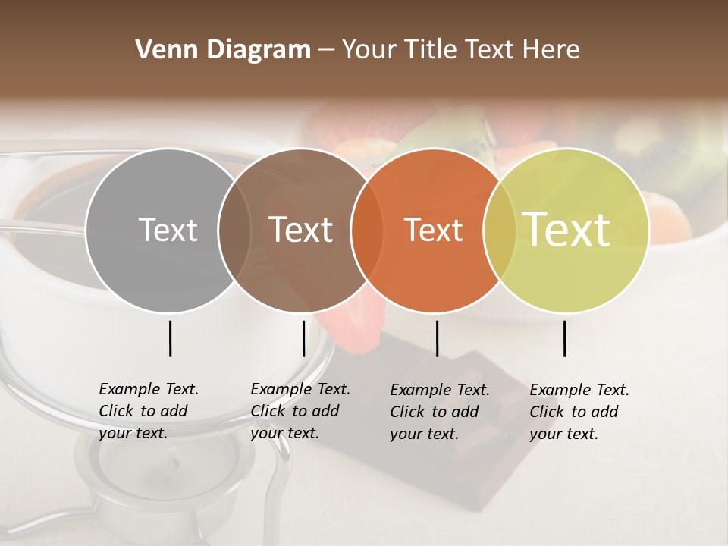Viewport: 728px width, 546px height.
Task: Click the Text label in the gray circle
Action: click(168, 230)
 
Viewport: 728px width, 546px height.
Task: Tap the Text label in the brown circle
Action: click(301, 230)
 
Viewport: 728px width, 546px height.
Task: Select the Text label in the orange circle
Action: click(434, 230)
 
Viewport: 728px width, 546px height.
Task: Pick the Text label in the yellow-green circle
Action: click(566, 230)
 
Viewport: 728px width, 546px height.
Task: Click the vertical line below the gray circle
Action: click(170, 338)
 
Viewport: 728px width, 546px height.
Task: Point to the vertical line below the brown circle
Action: click(303, 338)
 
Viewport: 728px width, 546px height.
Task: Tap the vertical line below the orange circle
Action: click(437, 338)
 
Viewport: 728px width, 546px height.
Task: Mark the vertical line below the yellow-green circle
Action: click(564, 338)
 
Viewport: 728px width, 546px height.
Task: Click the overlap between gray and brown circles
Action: click(234, 230)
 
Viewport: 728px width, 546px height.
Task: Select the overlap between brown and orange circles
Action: click(367, 230)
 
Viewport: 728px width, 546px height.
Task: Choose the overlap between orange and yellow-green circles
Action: click(500, 230)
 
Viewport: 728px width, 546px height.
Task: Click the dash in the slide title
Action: click(326, 51)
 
